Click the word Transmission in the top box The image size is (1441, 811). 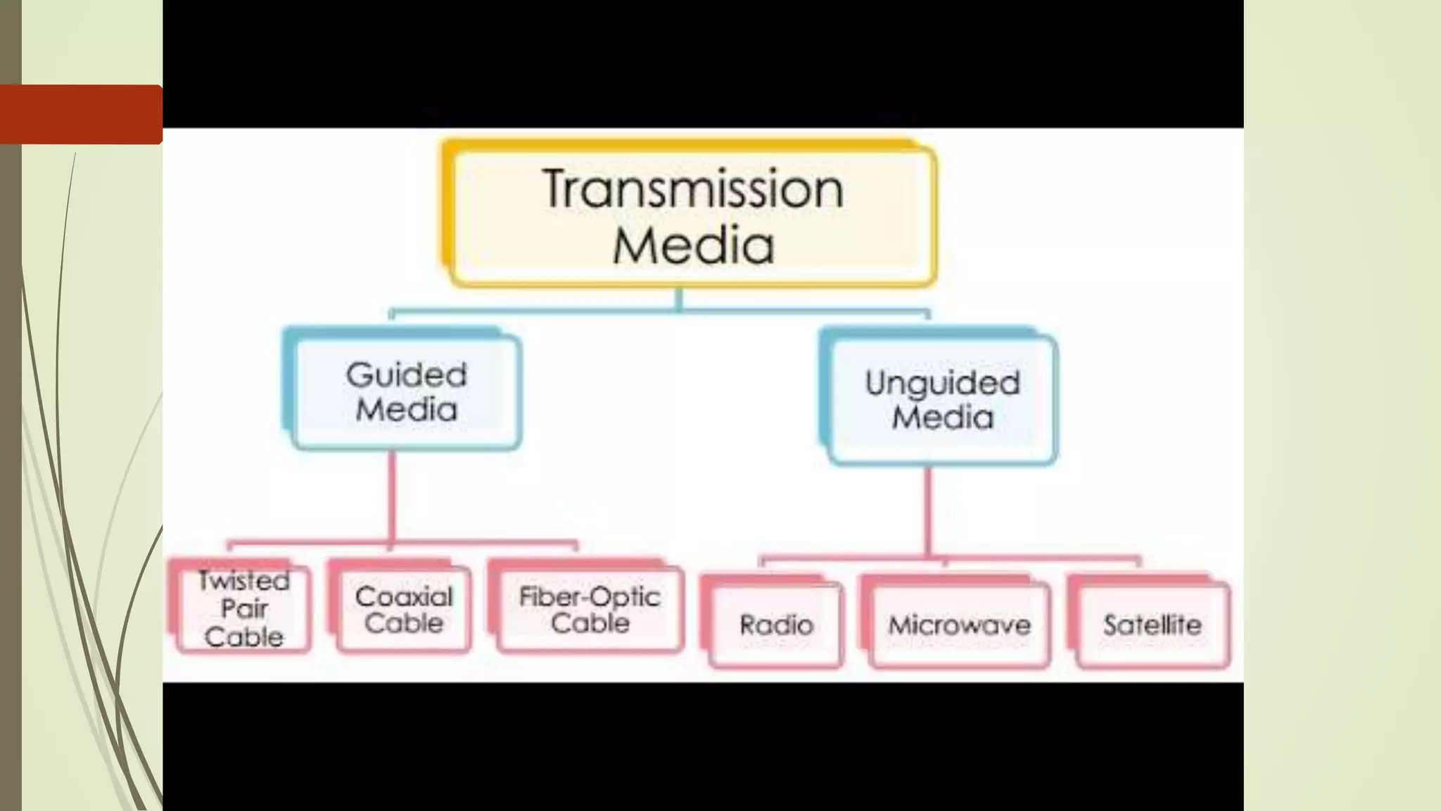(x=693, y=189)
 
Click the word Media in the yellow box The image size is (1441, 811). (x=693, y=245)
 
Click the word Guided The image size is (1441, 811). (x=406, y=375)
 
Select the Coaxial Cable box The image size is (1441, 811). (x=404, y=610)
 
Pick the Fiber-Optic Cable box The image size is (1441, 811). (x=590, y=610)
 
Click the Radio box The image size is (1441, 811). (x=776, y=625)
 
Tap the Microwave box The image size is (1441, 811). (x=959, y=625)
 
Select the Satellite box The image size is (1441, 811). (x=1153, y=625)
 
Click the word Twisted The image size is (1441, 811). (x=243, y=581)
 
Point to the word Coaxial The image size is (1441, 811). (x=404, y=597)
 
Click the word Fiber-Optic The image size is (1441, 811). (x=590, y=597)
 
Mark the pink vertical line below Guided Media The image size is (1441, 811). (x=392, y=496)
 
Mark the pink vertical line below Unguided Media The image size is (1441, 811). (x=928, y=510)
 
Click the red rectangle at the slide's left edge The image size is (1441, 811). (x=81, y=114)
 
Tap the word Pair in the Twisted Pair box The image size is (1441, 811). (x=244, y=608)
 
